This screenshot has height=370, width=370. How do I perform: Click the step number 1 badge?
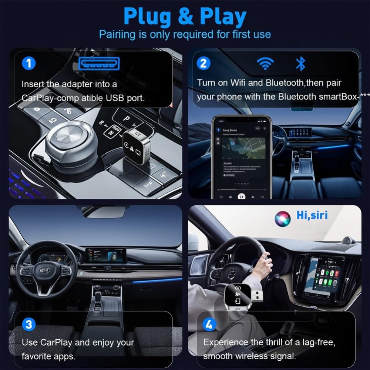coord(28,63)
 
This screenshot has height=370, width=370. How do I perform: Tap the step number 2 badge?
coord(203,63)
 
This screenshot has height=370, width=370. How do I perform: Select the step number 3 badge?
coord(28,324)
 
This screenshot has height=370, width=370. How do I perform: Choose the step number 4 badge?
coord(209,325)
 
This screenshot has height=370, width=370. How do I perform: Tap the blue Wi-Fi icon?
coord(265,64)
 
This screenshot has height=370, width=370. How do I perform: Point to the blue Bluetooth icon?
coord(300,64)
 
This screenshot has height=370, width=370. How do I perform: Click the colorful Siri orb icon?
coord(282,219)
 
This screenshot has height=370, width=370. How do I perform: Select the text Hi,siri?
coord(312,215)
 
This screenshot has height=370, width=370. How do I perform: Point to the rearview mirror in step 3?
coord(104,212)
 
